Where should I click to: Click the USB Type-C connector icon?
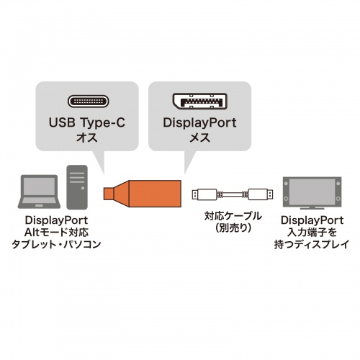click(86, 102)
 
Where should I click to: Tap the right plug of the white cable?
click(260, 194)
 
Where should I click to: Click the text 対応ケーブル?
click(232, 215)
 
